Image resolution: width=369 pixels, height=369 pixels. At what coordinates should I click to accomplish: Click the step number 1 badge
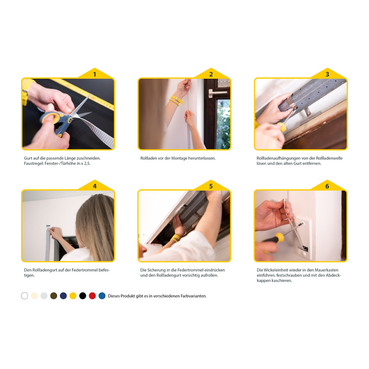click(x=95, y=74)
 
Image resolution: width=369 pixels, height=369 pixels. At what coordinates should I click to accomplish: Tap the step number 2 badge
click(x=211, y=74)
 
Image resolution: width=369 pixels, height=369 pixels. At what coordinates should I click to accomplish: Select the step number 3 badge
click(x=327, y=74)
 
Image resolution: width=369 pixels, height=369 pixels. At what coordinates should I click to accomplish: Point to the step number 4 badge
click(x=95, y=186)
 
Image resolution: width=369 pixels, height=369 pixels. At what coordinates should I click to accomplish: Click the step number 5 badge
click(x=211, y=186)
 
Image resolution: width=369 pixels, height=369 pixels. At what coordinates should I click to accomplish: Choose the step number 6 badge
click(x=327, y=186)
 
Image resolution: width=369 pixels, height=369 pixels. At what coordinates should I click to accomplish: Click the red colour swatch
click(x=92, y=296)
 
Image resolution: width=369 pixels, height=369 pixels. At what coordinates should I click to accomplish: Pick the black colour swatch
click(x=82, y=296)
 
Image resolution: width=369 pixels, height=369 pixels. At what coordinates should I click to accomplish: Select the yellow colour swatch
click(x=73, y=296)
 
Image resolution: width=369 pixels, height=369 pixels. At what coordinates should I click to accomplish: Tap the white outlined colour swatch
click(x=25, y=296)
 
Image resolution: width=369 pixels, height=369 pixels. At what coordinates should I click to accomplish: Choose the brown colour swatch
click(x=54, y=296)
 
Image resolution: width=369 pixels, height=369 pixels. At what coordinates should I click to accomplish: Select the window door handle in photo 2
click(x=217, y=93)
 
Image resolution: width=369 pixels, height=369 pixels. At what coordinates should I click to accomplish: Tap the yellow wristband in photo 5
click(x=175, y=238)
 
